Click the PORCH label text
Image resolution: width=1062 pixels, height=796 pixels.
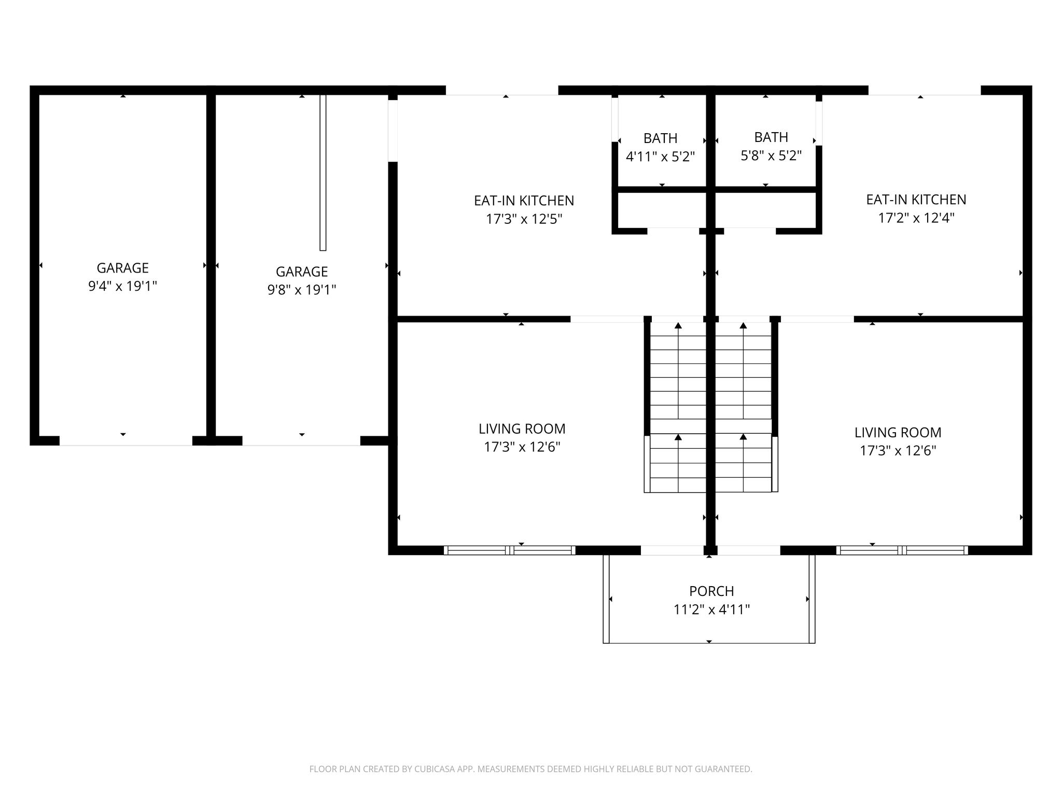(711, 591)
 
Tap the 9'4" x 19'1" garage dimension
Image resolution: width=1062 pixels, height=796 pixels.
(122, 286)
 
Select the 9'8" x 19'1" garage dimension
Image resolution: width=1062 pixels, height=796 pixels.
(302, 289)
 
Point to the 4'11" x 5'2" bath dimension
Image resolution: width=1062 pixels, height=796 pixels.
(660, 157)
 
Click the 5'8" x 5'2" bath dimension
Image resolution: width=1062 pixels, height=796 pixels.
(771, 155)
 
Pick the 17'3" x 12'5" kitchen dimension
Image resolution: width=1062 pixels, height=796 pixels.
(524, 219)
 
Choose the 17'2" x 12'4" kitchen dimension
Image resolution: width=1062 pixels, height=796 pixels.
(916, 218)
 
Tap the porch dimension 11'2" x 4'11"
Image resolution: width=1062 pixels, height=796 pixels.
(711, 609)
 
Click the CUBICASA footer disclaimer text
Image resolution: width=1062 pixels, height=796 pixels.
(530, 769)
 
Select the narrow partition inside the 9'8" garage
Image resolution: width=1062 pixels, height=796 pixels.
(323, 173)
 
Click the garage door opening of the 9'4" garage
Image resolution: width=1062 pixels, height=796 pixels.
(126, 441)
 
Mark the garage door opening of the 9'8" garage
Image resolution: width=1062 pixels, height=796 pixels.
(301, 441)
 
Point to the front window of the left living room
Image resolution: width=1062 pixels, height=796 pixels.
(510, 550)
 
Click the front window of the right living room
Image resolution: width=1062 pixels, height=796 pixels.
(902, 550)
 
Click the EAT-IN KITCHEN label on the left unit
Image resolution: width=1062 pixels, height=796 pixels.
(524, 201)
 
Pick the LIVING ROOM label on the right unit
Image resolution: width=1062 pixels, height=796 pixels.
(898, 432)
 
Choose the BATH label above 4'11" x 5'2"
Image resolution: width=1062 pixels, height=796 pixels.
(660, 138)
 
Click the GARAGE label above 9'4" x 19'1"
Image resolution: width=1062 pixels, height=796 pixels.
(122, 268)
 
